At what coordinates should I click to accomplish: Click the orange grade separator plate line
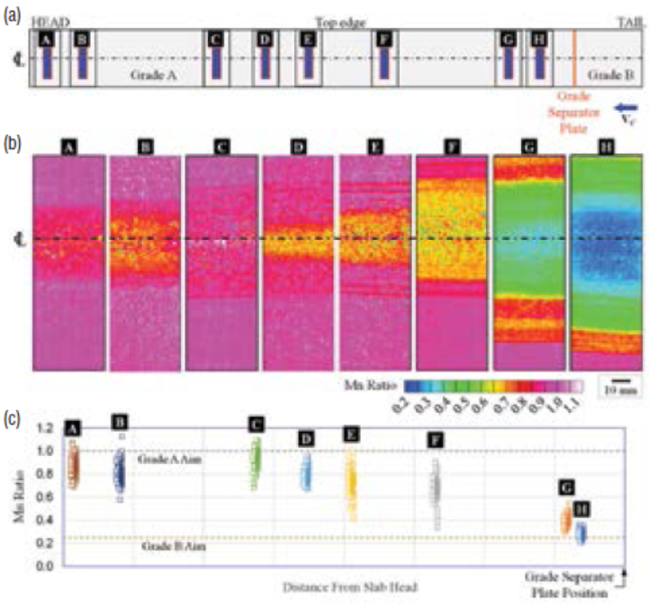574,58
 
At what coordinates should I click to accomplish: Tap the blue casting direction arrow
626,109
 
